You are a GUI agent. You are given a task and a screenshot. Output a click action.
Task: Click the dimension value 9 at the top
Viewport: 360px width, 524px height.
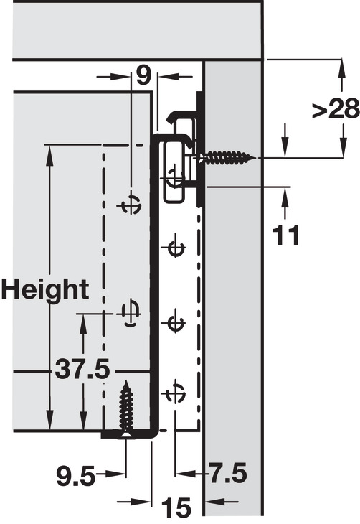click(x=143, y=76)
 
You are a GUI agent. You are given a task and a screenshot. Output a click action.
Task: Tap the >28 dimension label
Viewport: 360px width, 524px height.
click(x=336, y=109)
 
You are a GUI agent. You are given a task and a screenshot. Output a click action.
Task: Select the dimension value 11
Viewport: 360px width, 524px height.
click(x=286, y=235)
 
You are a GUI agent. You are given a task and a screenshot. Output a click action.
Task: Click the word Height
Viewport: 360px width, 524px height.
click(x=45, y=289)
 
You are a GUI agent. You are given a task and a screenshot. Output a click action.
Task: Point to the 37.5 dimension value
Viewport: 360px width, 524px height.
click(x=82, y=369)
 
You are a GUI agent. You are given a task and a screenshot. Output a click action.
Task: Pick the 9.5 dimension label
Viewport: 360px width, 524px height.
click(x=75, y=476)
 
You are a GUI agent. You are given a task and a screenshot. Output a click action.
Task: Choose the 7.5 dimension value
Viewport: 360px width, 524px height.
click(x=227, y=473)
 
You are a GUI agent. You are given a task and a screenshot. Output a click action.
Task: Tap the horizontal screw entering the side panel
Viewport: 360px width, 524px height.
click(x=227, y=156)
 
